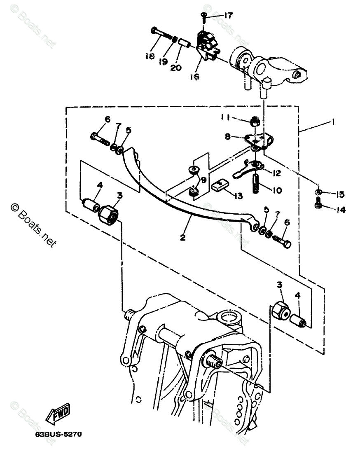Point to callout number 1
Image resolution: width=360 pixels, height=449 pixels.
pos(333,122)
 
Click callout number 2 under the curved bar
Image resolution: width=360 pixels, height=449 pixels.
pos(182,238)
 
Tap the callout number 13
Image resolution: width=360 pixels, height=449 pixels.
pos(238,196)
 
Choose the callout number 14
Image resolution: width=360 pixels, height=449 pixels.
pos(340,210)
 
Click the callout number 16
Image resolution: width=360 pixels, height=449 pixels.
pos(194,77)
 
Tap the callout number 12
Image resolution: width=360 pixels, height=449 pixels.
pos(276,173)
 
